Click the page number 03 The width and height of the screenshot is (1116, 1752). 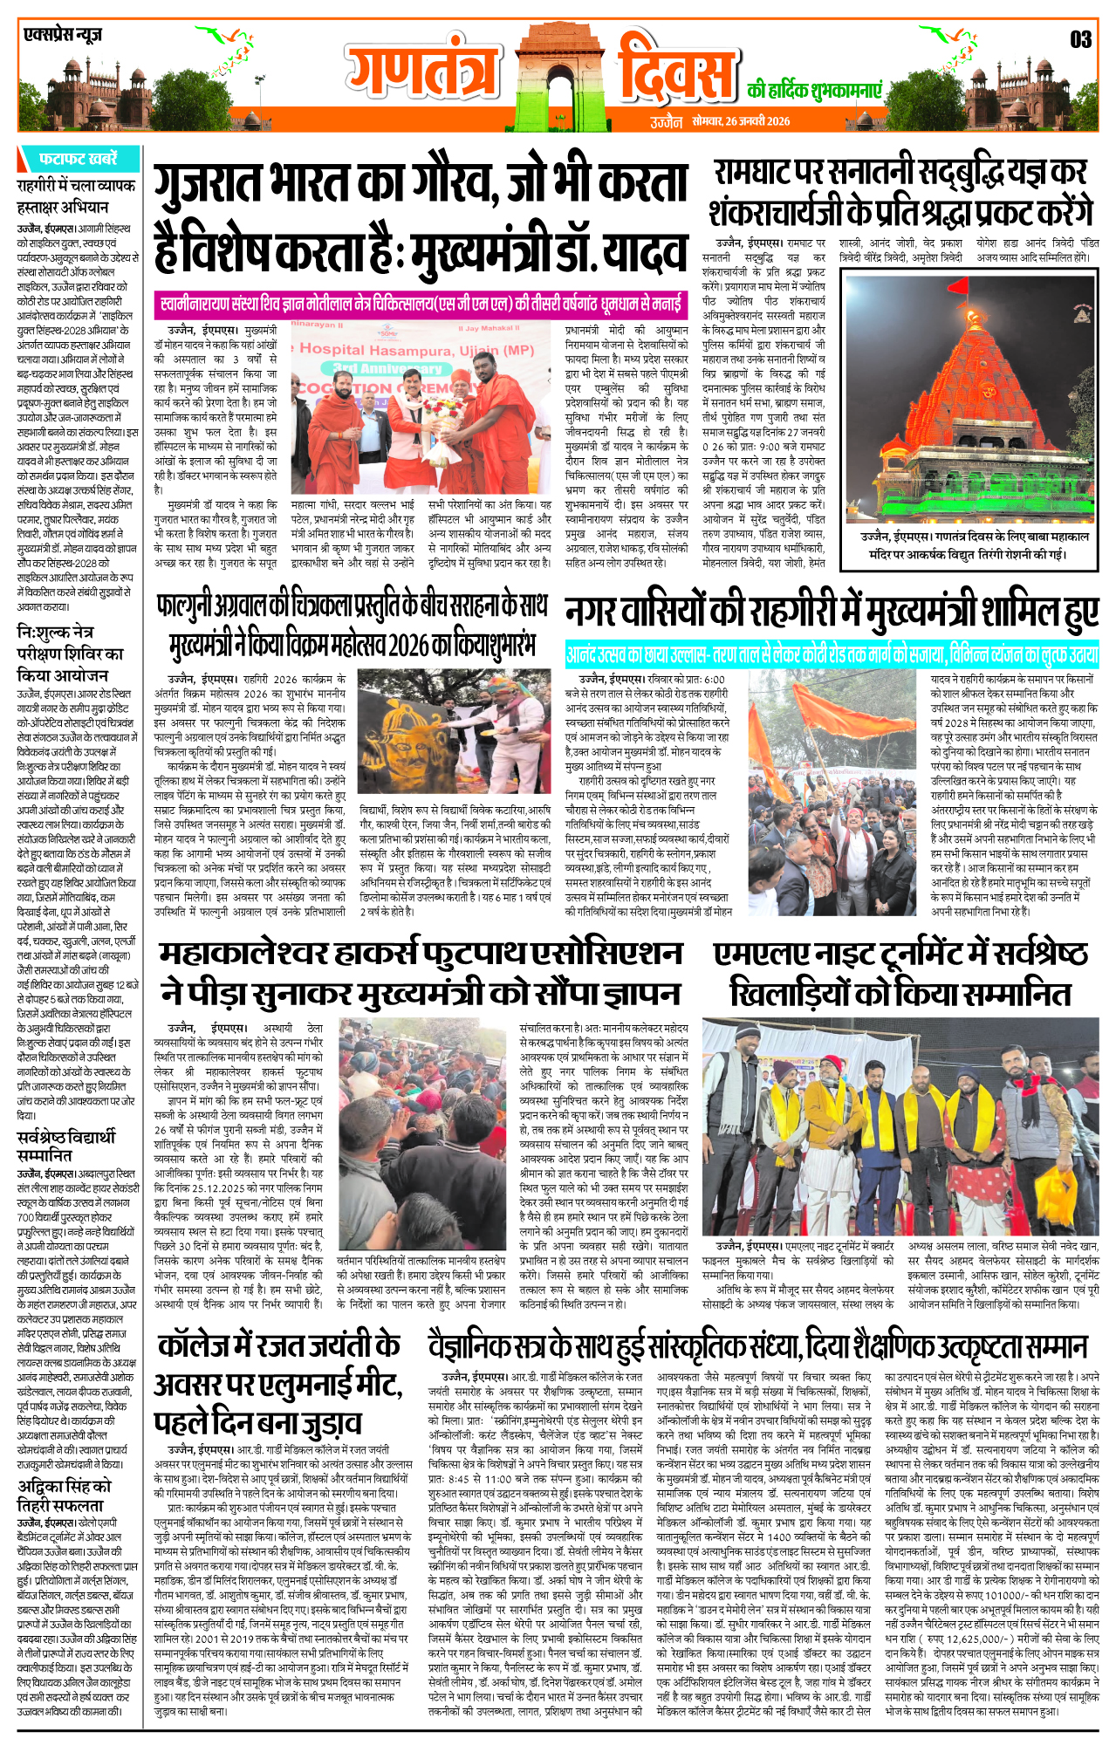(x=1080, y=39)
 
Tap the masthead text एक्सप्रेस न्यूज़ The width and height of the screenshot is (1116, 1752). (x=63, y=36)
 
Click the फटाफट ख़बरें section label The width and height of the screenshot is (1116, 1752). (x=78, y=159)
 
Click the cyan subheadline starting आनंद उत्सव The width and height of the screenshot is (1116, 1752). (x=832, y=654)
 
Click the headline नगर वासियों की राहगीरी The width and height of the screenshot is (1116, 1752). (x=832, y=613)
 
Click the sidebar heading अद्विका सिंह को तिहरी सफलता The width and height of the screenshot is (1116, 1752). (x=65, y=1495)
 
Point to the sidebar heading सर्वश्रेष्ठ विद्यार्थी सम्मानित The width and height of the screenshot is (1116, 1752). (x=66, y=1145)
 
